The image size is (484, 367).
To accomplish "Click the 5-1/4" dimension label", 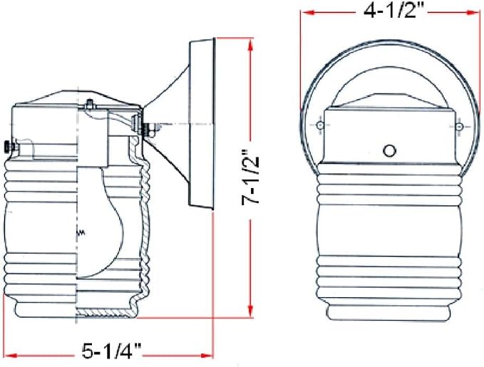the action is pyautogui.click(x=111, y=351).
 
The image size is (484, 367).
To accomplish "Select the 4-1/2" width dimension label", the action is pyautogui.click(x=391, y=11).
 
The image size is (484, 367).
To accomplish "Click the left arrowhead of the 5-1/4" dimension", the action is pyautogui.click(x=11, y=356).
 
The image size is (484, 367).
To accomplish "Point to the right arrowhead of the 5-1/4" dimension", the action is pyautogui.click(x=207, y=356).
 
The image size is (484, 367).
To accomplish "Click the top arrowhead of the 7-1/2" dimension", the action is pyautogui.click(x=251, y=45).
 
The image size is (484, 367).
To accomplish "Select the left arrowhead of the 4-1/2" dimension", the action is pyautogui.click(x=307, y=12).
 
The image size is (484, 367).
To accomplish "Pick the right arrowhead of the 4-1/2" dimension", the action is pyautogui.click(x=473, y=12).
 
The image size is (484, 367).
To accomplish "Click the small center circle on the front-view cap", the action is pyautogui.click(x=389, y=150).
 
